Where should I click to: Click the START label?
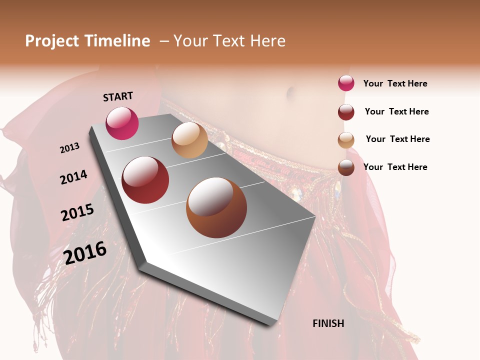click(118, 96)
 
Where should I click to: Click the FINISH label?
click(328, 323)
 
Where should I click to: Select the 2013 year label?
click(70, 148)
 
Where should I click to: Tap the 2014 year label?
click(73, 177)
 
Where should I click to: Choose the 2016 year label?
click(85, 253)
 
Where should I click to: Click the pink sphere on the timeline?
click(122, 123)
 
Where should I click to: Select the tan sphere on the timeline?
click(189, 140)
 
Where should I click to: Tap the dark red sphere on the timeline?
click(145, 180)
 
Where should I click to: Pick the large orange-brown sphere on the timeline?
click(216, 207)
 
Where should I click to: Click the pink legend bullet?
click(346, 83)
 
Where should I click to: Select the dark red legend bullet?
click(346, 112)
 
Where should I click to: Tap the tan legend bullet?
click(346, 140)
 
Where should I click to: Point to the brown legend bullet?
click(346, 167)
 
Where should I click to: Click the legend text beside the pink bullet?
click(395, 83)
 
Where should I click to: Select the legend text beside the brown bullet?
click(395, 167)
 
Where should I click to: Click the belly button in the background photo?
click(290, 92)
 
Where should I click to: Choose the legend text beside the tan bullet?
click(398, 139)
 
